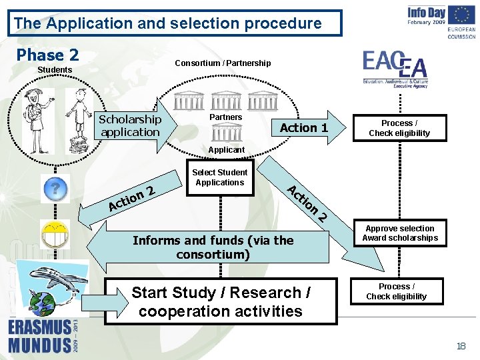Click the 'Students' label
(55, 70)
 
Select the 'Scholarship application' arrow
(131, 125)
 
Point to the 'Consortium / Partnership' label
(223, 63)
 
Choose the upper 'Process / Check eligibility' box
(400, 128)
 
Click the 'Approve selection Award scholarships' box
(400, 233)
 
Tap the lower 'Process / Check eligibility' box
(396, 291)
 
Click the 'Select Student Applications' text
(219, 177)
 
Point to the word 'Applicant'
(227, 150)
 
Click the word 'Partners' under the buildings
(226, 117)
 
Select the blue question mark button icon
(55, 189)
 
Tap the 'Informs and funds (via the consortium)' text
(213, 247)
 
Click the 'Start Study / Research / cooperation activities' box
(221, 301)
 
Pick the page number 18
(461, 345)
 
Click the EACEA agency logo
(395, 69)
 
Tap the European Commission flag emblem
(461, 15)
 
